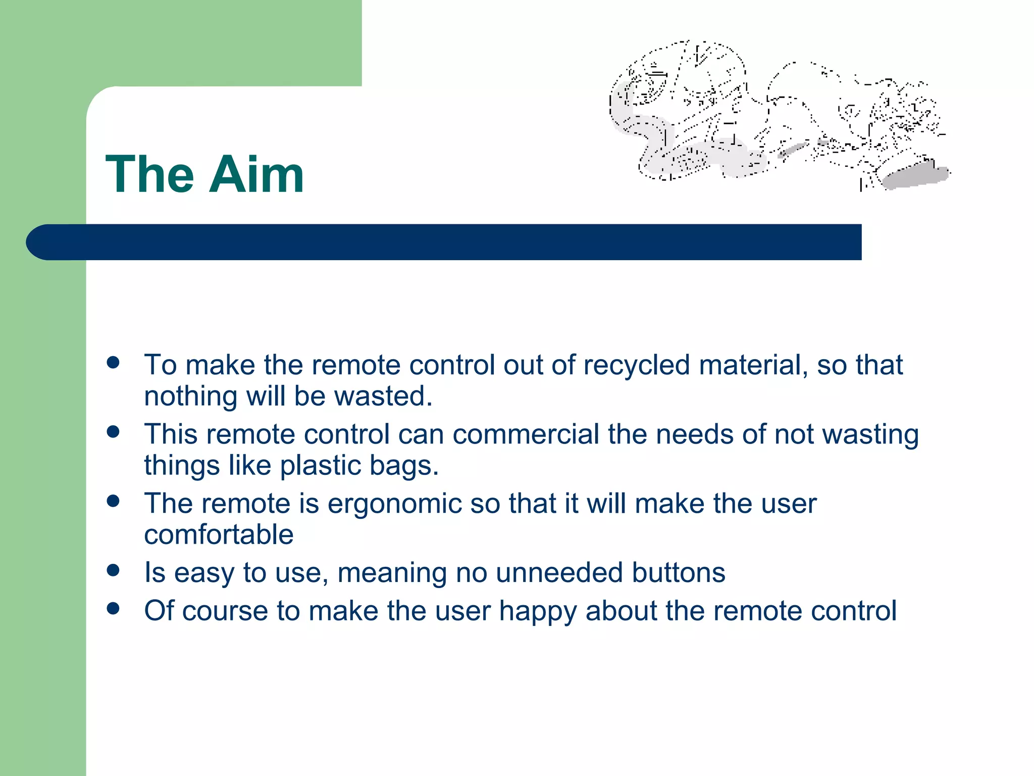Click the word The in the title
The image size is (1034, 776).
point(149,175)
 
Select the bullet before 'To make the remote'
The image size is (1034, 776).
point(113,362)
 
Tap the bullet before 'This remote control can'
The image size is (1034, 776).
point(113,431)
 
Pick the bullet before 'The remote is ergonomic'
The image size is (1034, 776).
point(113,501)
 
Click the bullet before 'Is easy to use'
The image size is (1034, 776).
point(113,570)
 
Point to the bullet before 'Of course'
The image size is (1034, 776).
point(113,608)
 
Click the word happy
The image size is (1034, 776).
point(537,611)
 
